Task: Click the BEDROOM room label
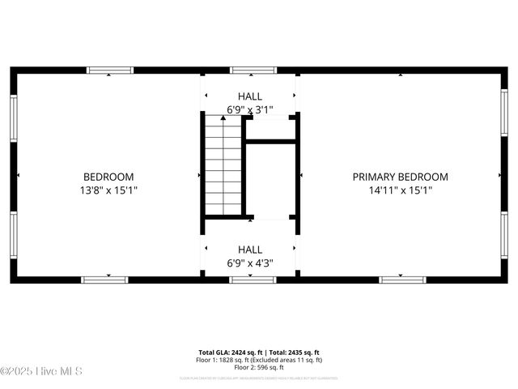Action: coord(108,177)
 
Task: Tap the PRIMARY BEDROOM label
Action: coord(400,177)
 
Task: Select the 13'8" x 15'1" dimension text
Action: coord(108,191)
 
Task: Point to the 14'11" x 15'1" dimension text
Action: coord(400,191)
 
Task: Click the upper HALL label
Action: coord(249,96)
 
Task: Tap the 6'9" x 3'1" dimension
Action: coord(249,109)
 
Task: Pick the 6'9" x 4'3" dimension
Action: coord(249,263)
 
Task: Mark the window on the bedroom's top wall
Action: coord(110,71)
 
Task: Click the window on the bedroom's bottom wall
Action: coord(104,280)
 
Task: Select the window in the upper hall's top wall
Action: coord(253,71)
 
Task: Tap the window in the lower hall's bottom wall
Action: coord(253,280)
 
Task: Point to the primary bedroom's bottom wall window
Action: coord(403,280)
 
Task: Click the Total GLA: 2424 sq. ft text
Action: coord(231,352)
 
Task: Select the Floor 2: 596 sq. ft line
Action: coord(259,368)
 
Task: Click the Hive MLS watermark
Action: coord(42,372)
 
